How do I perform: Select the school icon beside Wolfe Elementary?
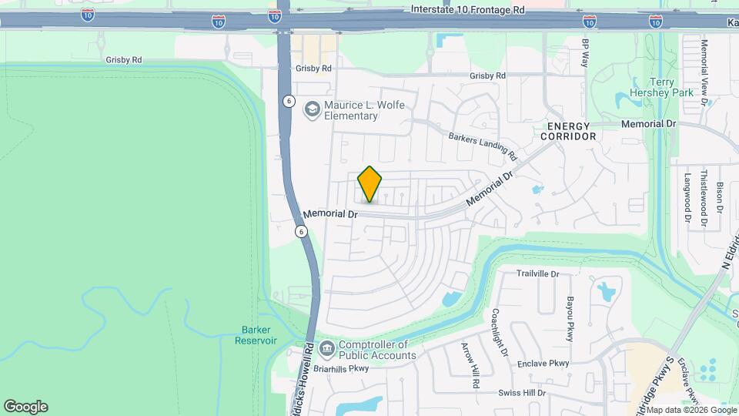312,109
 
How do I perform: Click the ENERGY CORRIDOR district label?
570,131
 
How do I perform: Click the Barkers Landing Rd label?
483,146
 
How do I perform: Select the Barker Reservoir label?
255,335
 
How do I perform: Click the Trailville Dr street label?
537,273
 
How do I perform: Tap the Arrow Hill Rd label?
470,364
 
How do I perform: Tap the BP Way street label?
586,52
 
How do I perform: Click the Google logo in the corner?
25,406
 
